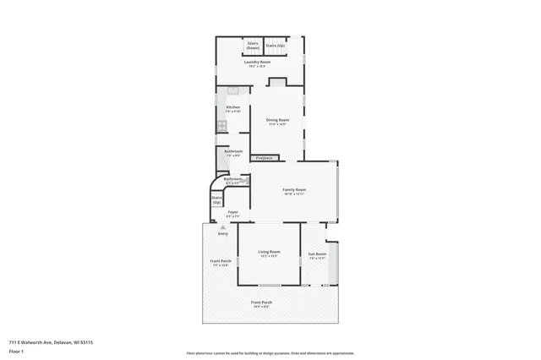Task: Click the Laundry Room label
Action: pyautogui.click(x=258, y=63)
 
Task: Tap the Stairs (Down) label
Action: pyautogui.click(x=252, y=46)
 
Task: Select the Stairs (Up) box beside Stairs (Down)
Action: pyautogui.click(x=276, y=46)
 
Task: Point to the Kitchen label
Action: pyautogui.click(x=232, y=108)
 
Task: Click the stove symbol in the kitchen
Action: pyautogui.click(x=222, y=126)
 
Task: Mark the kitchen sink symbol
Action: pyautogui.click(x=233, y=90)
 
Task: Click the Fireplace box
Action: pyautogui.click(x=264, y=157)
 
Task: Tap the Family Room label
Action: pyautogui.click(x=294, y=191)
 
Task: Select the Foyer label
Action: pyautogui.click(x=232, y=213)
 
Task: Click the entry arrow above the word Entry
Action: pyautogui.click(x=222, y=226)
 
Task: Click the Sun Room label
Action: pyautogui.click(x=317, y=255)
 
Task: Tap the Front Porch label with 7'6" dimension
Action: pyautogui.click(x=220, y=263)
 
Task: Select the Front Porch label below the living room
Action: pyautogui.click(x=261, y=303)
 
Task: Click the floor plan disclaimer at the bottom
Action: pyautogui.click(x=270, y=353)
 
